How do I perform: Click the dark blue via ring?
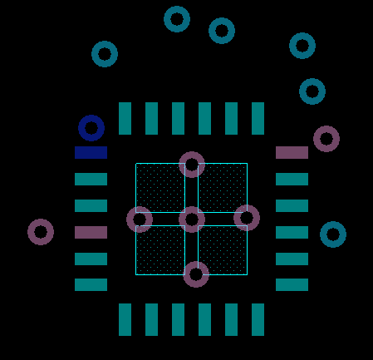[91, 128]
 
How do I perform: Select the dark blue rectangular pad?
[91, 153]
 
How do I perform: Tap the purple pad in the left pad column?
[91, 233]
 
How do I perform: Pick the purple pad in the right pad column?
[292, 153]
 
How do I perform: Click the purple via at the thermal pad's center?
[192, 219]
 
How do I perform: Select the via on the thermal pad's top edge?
[192, 165]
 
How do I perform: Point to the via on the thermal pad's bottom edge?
[196, 274]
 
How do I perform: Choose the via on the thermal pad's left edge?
[140, 219]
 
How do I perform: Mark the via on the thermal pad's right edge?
[247, 218]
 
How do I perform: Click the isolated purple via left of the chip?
[41, 232]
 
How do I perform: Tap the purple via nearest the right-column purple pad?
[326, 139]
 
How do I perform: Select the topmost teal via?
[177, 19]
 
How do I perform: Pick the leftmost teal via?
[105, 54]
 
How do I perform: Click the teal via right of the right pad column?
[333, 234]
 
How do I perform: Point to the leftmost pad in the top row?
[125, 119]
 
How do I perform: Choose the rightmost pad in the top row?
[258, 119]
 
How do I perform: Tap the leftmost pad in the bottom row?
[125, 319]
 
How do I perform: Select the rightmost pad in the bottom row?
[258, 319]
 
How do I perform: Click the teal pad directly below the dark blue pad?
[91, 180]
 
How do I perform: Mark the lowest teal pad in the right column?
[292, 285]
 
